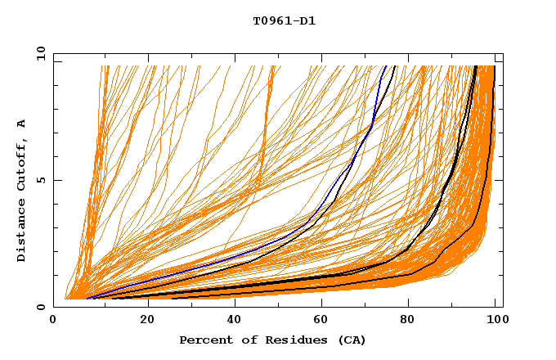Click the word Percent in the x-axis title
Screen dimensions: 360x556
pyautogui.click(x=203, y=340)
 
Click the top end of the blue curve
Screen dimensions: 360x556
pyautogui.click(x=386, y=66)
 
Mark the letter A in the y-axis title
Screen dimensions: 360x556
pyautogui.click(x=22, y=123)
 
